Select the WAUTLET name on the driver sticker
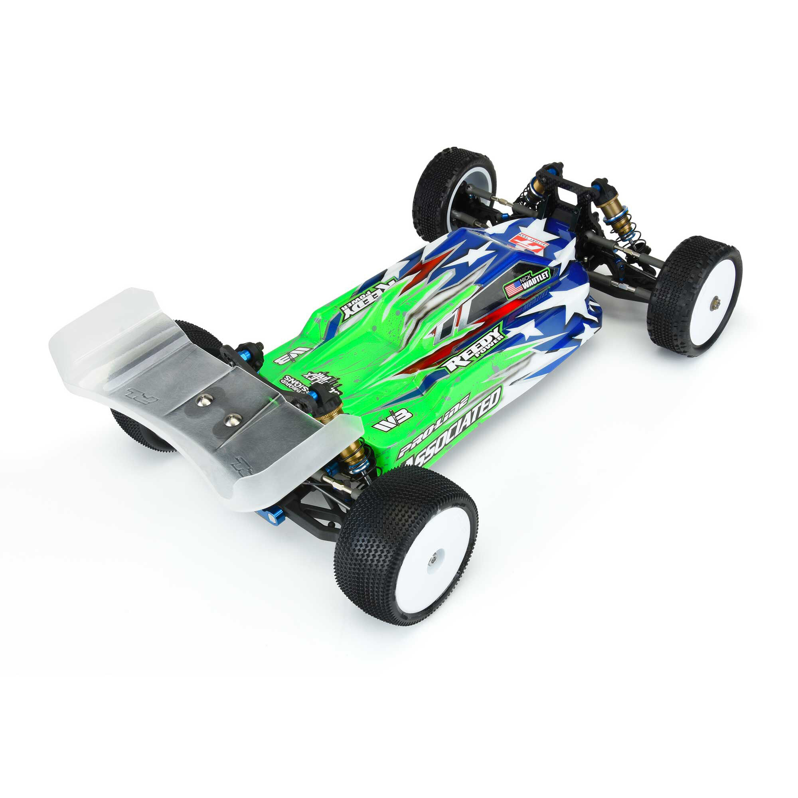coord(537,278)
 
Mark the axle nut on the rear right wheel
coord(433,560)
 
